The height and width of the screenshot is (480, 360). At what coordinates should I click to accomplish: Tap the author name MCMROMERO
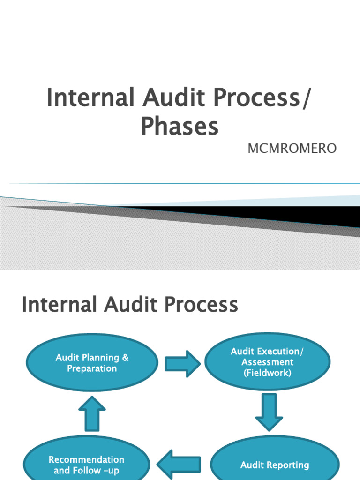[292, 149]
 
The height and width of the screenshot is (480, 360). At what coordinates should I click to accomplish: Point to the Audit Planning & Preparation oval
[92, 363]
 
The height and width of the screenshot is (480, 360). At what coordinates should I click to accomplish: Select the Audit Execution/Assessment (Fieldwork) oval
[268, 362]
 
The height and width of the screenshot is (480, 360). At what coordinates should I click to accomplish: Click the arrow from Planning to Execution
[182, 363]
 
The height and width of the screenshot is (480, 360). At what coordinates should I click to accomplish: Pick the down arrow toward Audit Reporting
[269, 412]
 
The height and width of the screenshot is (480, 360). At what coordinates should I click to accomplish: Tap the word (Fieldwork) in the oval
[268, 373]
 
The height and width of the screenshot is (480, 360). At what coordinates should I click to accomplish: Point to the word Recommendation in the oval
[87, 459]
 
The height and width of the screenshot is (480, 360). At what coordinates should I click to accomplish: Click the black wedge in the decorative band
[281, 215]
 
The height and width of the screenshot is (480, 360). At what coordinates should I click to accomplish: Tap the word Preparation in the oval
[92, 368]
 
